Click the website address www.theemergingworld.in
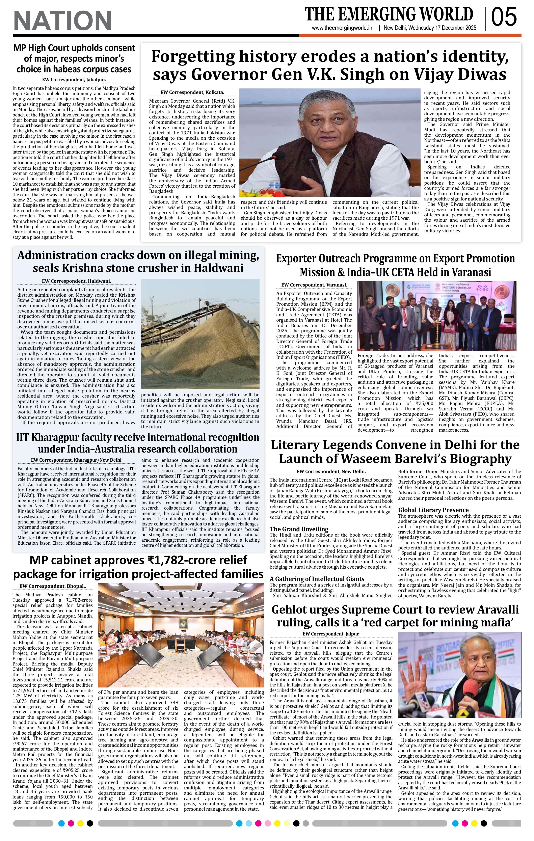pos(342,28)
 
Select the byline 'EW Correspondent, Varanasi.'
pos(314,285)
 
